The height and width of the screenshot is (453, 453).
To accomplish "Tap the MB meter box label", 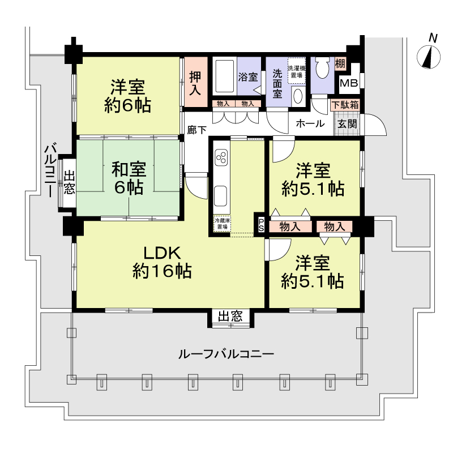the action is point(349,83).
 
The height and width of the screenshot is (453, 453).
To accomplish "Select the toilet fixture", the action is point(322,67).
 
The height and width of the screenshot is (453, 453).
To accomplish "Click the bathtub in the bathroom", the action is point(224,76).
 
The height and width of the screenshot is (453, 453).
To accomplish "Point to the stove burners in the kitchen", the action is point(221,157).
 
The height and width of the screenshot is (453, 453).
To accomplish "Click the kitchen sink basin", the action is point(220,195).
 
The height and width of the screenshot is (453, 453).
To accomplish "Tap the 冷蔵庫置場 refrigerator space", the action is point(222,223).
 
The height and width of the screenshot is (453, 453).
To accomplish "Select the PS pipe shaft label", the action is point(261,225).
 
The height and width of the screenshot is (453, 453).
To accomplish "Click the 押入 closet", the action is point(195,82).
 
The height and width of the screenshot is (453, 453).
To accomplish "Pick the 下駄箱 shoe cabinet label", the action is point(345,105).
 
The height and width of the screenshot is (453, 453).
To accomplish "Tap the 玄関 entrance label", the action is point(347,124).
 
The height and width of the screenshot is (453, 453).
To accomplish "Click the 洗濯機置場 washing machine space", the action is point(296,71).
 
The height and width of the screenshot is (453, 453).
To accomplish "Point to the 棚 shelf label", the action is point(340,63).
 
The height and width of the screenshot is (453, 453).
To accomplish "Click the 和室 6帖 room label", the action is point(129,178).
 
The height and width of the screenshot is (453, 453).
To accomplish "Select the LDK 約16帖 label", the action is point(162,262).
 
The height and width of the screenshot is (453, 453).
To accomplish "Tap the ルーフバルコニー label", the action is point(226,354).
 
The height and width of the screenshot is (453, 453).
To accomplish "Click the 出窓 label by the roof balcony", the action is point(230,317).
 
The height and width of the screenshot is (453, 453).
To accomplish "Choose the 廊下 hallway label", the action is point(196,130).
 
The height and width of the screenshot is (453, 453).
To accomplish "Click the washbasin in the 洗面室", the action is point(298,96).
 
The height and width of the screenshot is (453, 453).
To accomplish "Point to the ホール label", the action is point(310,123).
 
